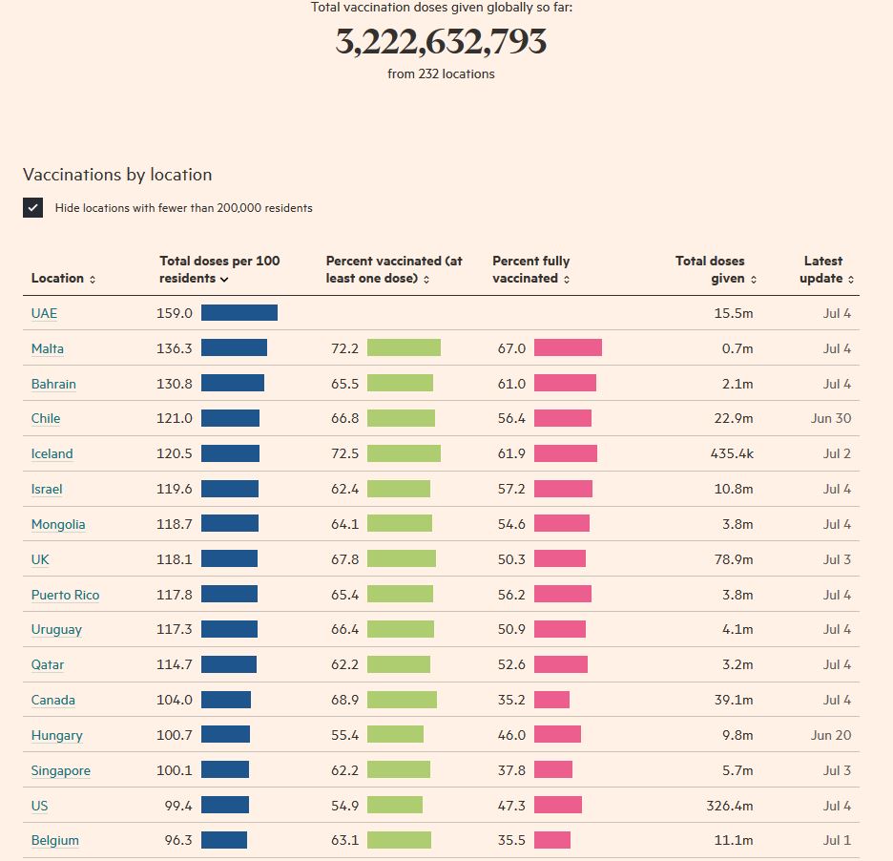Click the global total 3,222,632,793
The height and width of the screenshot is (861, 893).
coord(441,42)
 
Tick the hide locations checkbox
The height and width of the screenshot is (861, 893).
coord(33,207)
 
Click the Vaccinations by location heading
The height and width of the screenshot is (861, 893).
coord(117,175)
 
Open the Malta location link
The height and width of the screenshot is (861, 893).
coord(48,348)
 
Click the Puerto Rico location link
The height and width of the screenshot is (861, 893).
coord(65,595)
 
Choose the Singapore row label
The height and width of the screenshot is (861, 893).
coord(60,770)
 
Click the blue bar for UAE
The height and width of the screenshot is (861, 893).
coord(239,313)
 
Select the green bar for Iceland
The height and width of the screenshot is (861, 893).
coord(404,453)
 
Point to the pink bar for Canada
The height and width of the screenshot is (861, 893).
coord(551,700)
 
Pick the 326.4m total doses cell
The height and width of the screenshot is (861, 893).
coord(729,806)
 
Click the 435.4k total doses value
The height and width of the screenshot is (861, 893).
coord(732,453)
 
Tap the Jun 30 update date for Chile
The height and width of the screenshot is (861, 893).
coord(831,418)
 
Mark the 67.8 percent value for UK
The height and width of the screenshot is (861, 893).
coord(344,559)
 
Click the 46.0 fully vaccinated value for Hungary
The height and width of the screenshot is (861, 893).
coord(511,735)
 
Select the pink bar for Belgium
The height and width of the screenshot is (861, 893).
coord(552,840)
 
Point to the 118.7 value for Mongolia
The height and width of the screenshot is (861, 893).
coord(175,524)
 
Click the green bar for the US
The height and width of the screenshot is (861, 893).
coord(395,806)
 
